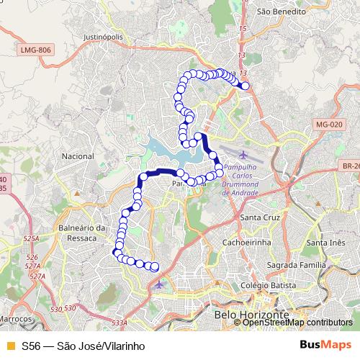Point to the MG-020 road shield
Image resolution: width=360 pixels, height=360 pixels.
pos(329,125)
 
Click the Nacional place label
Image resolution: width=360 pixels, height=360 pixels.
pos(78,156)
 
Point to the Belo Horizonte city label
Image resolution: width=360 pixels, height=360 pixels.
pos(251,315)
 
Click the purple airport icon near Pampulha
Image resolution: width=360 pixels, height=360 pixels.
pos(242,156)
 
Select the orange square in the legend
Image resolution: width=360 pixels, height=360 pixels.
pos(10,346)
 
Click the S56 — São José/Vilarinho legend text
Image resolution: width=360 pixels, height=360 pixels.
pos(83,346)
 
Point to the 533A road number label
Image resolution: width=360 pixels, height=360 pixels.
pos(119,323)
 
